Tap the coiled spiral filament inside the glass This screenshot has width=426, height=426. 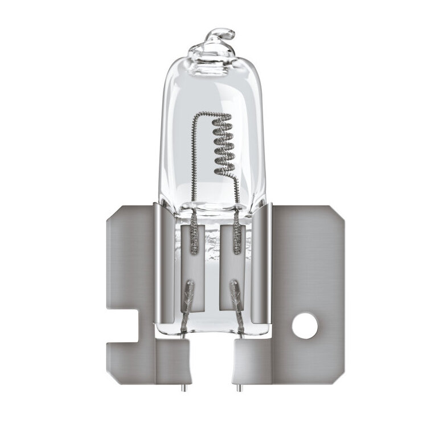(x=222, y=145)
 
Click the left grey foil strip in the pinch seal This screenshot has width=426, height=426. (x=194, y=239)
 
